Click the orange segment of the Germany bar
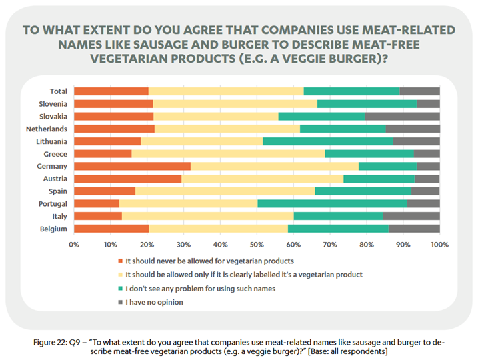pyautogui.click(x=132, y=166)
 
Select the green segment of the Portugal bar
pyautogui.click(x=332, y=203)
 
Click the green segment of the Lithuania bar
pyautogui.click(x=327, y=141)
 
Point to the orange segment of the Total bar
pyautogui.click(x=111, y=91)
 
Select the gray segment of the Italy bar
pyautogui.click(x=411, y=216)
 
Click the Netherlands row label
pyautogui.click(x=46, y=129)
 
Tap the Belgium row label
pyautogui.click(x=53, y=229)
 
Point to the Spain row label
pyautogui.click(x=57, y=191)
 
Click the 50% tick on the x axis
pyautogui.click(x=257, y=245)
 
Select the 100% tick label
pyautogui.click(x=439, y=245)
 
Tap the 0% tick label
pyautogui.click(x=74, y=245)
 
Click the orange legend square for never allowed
pyautogui.click(x=121, y=261)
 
